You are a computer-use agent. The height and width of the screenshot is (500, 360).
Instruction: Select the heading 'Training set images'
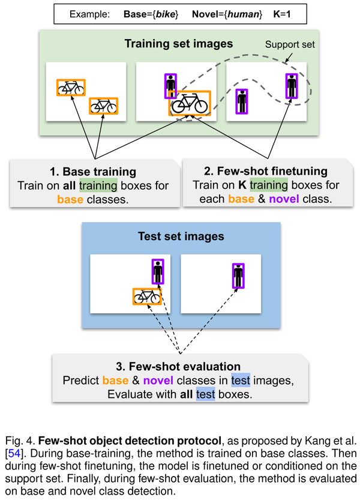(179, 44)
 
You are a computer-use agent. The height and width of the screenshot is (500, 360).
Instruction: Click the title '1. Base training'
(94, 172)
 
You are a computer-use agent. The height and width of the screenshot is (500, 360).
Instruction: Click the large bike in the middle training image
(189, 104)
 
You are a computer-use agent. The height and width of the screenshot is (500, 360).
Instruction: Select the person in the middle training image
(170, 86)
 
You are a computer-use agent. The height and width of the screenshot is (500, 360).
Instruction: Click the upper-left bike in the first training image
(71, 88)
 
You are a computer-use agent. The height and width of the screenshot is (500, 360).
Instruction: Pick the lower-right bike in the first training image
(103, 106)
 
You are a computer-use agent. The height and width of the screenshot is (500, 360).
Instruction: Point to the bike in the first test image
(147, 296)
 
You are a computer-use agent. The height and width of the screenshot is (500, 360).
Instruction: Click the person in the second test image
(238, 276)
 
